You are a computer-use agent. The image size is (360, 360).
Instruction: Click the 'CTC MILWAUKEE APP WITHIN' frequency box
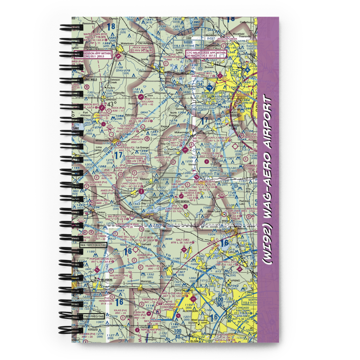coord(206,54)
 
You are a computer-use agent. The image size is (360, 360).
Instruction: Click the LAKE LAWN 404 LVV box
coord(135,159)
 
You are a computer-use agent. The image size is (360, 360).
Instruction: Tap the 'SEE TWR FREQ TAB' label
coord(93,245)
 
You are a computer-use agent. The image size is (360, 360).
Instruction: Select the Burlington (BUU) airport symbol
coord(197,177)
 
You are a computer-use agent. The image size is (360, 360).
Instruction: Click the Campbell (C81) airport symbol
coord(240,268)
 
